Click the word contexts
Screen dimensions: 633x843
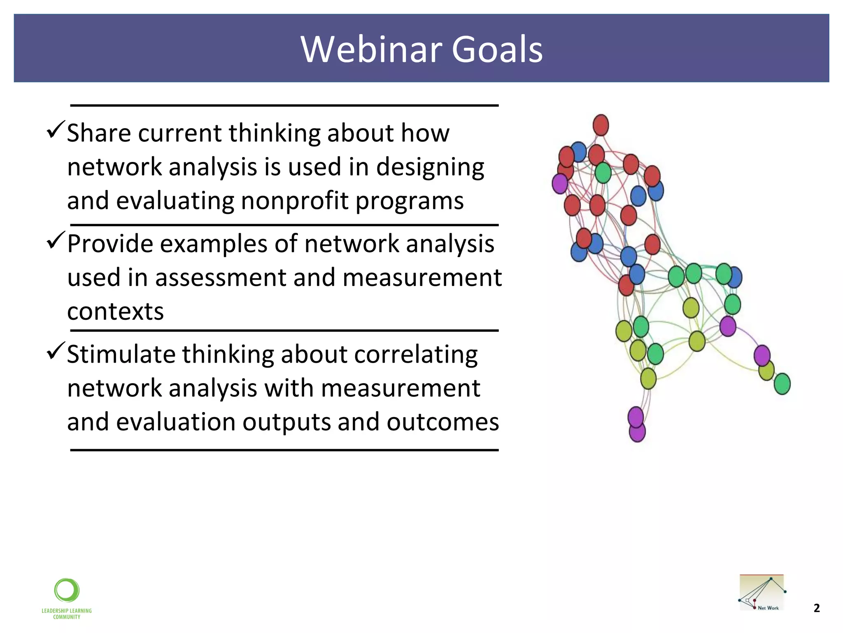pos(115,311)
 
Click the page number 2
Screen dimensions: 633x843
pos(817,608)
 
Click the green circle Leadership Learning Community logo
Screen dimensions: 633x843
pos(67,591)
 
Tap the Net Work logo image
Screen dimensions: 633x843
pos(761,593)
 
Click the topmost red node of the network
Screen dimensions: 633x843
pos(601,125)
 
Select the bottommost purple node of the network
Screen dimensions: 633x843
pos(637,432)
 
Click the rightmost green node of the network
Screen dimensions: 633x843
pos(782,384)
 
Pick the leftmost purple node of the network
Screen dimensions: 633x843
pos(560,183)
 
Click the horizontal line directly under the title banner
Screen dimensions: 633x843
pos(284,105)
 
